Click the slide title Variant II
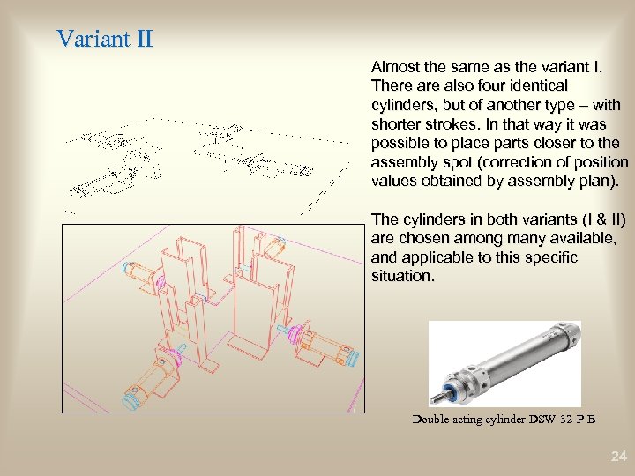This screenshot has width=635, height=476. coord(105,39)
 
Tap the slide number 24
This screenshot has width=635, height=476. coord(619,457)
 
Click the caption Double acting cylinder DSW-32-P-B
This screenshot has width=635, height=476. coord(504,420)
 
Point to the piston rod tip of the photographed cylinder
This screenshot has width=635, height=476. coord(432,399)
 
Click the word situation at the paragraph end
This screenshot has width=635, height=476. coord(402,277)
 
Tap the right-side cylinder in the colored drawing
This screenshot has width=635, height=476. coord(319,344)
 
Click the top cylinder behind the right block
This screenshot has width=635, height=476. coord(273,246)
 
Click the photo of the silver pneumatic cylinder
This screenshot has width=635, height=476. coord(504,364)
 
